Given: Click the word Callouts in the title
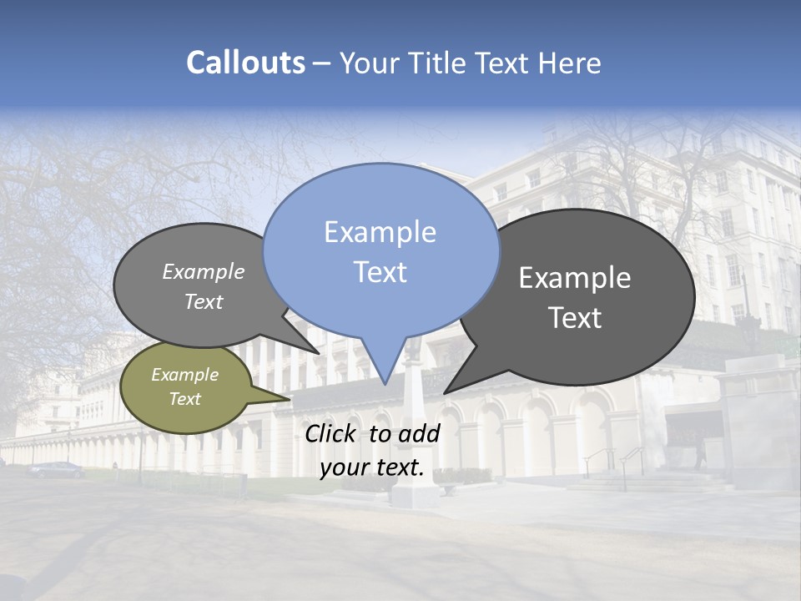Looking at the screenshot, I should (x=245, y=63).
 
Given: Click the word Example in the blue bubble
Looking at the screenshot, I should (x=380, y=232).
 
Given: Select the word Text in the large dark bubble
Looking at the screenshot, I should (x=574, y=318).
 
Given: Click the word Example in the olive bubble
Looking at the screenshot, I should (x=184, y=375).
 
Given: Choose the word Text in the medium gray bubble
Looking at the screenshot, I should (x=204, y=302).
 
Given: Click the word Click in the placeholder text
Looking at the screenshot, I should (x=332, y=433).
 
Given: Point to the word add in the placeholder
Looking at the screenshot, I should (x=418, y=433).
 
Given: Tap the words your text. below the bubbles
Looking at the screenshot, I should (x=372, y=468).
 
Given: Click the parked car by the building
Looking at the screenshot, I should (x=57, y=469).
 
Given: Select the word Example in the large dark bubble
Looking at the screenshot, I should (x=574, y=278).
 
